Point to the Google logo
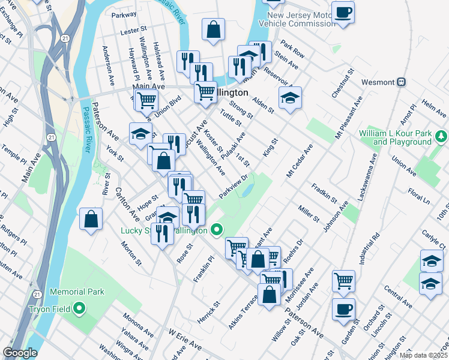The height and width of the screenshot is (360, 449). pyautogui.click(x=19, y=353)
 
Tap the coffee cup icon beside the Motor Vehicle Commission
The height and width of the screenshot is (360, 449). pyautogui.click(x=343, y=13)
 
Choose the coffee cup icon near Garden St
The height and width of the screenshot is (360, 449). pyautogui.click(x=343, y=310)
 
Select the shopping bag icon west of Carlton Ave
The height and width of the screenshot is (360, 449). pyautogui.click(x=91, y=219)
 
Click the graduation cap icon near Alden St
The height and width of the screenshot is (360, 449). pyautogui.click(x=290, y=98)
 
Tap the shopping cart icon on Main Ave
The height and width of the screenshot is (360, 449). pyautogui.click(x=145, y=101)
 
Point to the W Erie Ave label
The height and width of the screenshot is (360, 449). pyautogui.click(x=185, y=337)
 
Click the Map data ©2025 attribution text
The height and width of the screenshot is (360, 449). pyautogui.click(x=423, y=355)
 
